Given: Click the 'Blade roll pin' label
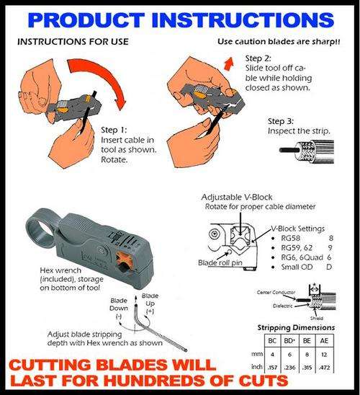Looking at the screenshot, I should coord(219,264).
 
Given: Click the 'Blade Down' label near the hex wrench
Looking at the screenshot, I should coord(118,304).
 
